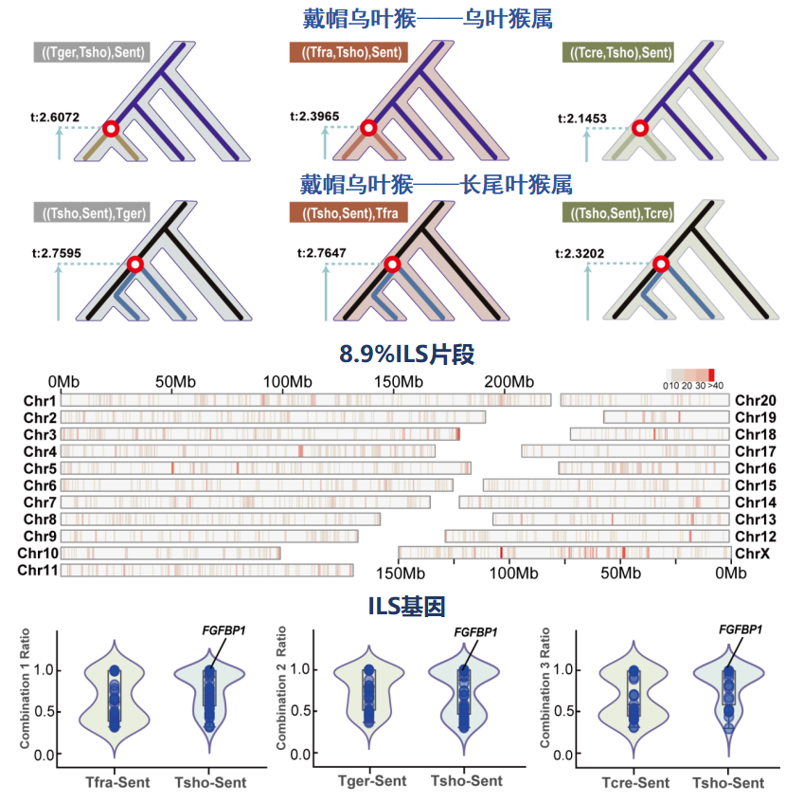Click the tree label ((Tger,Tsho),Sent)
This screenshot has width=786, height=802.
(91, 52)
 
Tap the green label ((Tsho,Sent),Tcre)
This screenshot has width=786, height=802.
(618, 213)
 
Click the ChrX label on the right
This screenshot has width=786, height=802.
(752, 552)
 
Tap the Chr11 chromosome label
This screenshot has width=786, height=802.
(38, 570)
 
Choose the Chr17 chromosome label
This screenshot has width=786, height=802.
(755, 451)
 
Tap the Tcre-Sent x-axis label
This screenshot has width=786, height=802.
(634, 783)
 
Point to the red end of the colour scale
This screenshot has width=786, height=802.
(711, 374)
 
